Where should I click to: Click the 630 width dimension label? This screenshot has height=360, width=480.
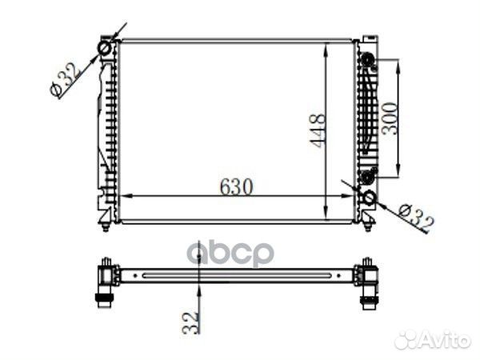point(236,186)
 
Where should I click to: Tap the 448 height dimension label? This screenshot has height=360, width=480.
point(317,130)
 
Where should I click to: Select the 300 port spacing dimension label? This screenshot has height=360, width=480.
point(390,118)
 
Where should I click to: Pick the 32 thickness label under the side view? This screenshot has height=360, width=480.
point(190,322)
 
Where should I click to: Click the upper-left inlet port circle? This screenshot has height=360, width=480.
point(105,48)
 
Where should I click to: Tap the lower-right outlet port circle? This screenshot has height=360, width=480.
point(369,198)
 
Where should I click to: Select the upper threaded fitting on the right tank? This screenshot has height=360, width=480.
point(366,59)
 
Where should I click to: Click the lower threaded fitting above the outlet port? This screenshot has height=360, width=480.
point(367,176)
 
